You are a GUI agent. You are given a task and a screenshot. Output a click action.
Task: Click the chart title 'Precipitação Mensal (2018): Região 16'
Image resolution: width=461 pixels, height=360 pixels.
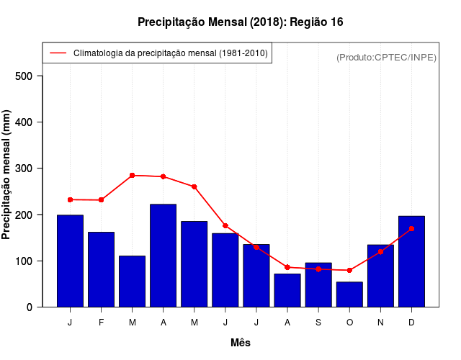pos(240,22)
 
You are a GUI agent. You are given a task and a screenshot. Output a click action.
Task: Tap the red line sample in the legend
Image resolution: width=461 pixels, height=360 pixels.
pos(58,53)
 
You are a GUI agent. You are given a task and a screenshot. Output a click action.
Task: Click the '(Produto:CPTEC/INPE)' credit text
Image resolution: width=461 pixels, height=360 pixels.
pos(386,57)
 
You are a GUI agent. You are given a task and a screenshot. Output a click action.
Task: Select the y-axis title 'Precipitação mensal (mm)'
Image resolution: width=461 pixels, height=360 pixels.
pos(6,174)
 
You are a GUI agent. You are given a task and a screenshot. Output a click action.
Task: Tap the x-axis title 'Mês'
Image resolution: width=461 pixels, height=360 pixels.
pos(241,343)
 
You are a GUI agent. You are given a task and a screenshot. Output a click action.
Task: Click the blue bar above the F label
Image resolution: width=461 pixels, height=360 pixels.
pos(101,269)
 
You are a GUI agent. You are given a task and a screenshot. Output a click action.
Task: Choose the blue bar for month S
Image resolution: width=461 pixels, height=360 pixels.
pos(318,285)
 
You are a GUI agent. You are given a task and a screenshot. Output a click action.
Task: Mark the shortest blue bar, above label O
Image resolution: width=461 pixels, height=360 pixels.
pos(349,294)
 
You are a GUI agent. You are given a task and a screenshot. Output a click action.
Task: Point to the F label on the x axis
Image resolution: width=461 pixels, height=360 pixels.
pos(101,323)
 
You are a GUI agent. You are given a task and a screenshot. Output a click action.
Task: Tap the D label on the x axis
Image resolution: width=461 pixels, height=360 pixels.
pos(411,323)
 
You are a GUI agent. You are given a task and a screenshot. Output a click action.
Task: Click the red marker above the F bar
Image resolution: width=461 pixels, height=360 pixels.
pos(101,199)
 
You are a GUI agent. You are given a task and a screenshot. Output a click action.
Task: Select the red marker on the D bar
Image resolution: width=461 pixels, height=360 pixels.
pos(411,228)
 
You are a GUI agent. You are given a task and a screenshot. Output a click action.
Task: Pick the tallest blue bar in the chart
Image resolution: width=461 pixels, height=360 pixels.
pos(163,256)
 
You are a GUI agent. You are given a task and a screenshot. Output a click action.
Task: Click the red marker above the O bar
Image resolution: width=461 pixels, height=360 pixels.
pos(349,270)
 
